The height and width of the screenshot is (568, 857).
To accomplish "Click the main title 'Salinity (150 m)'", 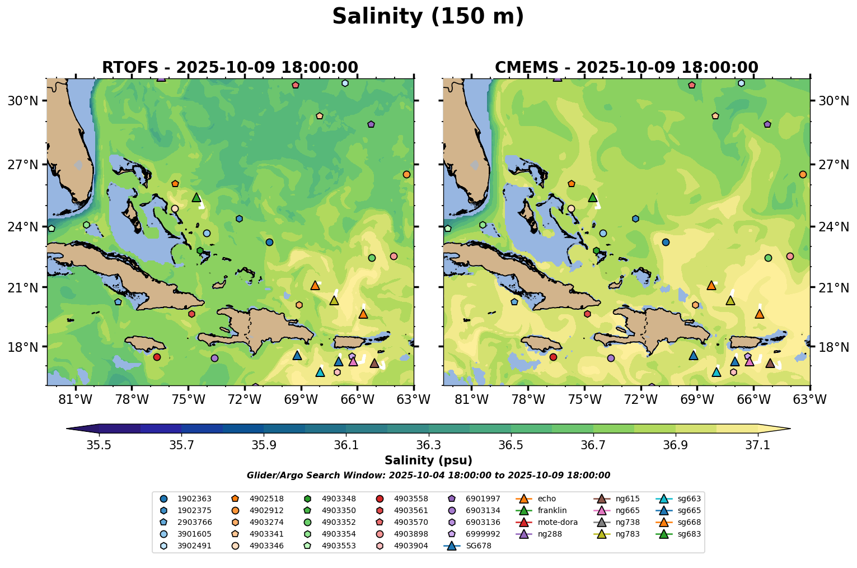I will pyautogui.click(x=428, y=17).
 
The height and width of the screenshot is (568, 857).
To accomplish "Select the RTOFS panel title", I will pyautogui.click(x=230, y=68).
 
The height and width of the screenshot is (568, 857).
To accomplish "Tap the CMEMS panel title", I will pyautogui.click(x=626, y=68).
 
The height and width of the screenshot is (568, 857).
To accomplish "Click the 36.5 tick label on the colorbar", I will pyautogui.click(x=511, y=445).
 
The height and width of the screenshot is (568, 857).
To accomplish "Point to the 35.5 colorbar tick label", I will pyautogui.click(x=99, y=445).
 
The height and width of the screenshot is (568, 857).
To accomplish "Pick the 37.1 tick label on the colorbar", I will pyautogui.click(x=758, y=445).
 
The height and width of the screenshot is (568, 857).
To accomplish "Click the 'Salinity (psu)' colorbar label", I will pyautogui.click(x=428, y=460).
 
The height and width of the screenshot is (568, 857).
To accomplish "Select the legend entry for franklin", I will pyautogui.click(x=552, y=510).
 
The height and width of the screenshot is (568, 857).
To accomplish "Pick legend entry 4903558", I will pyautogui.click(x=411, y=499).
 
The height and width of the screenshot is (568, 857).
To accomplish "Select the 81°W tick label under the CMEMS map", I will pyautogui.click(x=471, y=399).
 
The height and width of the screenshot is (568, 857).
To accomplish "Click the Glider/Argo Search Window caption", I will pyautogui.click(x=428, y=476).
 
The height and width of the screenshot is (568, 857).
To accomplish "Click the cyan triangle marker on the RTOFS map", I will pyautogui.click(x=320, y=373).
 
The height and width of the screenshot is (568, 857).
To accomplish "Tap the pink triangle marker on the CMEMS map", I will pyautogui.click(x=750, y=361).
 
